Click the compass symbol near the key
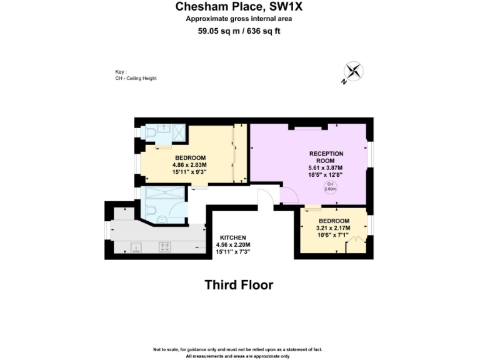click(x=353, y=71)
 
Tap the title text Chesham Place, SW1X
click(x=239, y=7)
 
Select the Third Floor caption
click(x=239, y=285)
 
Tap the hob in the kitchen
click(x=165, y=246)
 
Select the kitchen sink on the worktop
click(x=135, y=247)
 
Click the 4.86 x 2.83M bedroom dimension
click(x=191, y=164)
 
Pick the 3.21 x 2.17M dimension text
click(x=334, y=229)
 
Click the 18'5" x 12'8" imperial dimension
click(x=326, y=174)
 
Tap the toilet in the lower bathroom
click(x=161, y=219)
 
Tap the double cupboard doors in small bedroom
click(x=356, y=244)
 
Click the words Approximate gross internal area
click(x=239, y=19)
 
